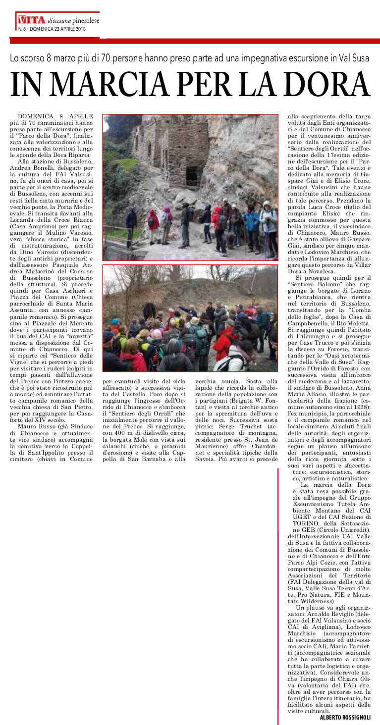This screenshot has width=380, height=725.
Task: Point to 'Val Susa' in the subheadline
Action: click(x=352, y=57)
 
